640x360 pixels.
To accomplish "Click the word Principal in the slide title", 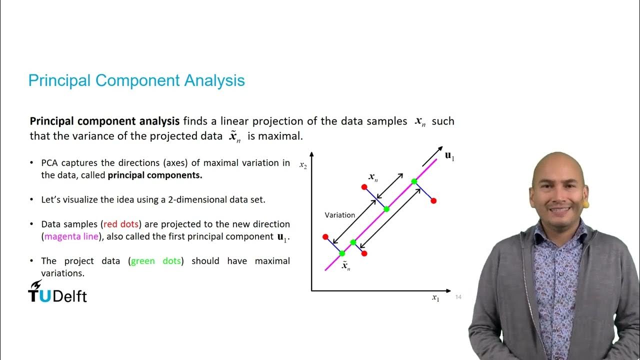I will (59, 80).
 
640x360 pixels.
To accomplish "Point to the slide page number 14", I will (458, 297).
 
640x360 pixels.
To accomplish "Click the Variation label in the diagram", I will (339, 215).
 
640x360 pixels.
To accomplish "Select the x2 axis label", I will (303, 165).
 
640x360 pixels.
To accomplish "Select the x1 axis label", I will (435, 298).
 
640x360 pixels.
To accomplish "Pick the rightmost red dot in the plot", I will (433, 200).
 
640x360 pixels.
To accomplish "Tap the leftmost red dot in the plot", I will (325, 236).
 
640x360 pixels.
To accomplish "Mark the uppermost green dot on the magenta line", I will (414, 181).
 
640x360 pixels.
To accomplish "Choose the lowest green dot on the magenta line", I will (342, 253).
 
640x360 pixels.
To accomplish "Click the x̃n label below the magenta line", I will (345, 266).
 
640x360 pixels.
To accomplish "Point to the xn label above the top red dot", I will (373, 177).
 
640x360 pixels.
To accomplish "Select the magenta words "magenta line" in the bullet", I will (71, 236).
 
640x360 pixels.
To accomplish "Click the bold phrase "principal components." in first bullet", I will (155, 175).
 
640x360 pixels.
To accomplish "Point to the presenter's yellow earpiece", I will (586, 204).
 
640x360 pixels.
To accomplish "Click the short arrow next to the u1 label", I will (432, 156).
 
